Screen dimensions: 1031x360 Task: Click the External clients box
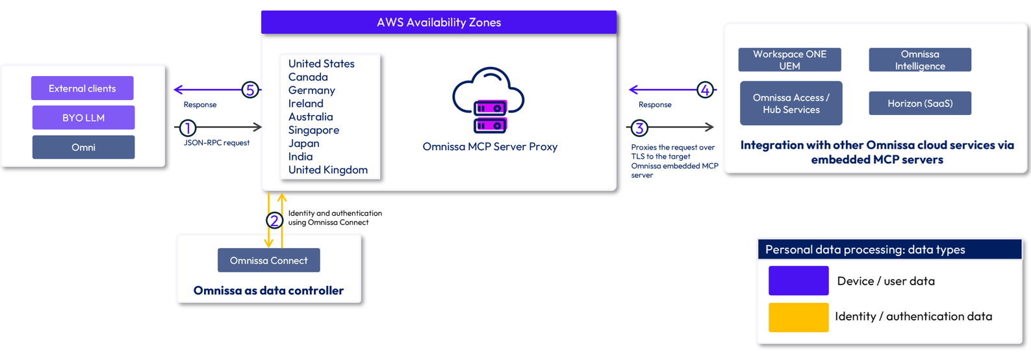83,88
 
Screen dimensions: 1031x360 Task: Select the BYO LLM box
83,118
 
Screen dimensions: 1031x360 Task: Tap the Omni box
83,147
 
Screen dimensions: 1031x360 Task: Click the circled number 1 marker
188,128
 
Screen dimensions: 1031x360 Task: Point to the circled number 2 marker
274,220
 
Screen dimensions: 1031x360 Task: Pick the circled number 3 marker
639,128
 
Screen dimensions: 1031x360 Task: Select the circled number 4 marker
705,90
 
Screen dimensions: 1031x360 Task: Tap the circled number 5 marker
250,90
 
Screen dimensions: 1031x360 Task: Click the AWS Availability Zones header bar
439,22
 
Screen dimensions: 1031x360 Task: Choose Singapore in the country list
313,130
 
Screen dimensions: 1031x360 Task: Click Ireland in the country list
305,103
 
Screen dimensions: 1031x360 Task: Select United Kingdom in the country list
327,170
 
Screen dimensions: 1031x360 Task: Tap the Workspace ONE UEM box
790,60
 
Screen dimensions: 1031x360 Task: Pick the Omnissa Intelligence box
920,60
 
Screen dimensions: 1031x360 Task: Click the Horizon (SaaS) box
920,103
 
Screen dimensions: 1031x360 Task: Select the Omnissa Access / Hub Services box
791,103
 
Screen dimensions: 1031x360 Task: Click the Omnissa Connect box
269,260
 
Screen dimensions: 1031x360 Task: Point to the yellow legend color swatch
798,317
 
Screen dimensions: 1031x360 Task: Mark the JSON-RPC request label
216,143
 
